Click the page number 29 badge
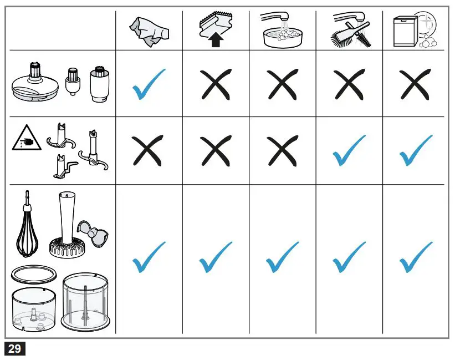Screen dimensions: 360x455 pos(15,348)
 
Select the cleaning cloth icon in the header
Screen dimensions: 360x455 pos(149,32)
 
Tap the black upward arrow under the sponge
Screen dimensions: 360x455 pos(215,40)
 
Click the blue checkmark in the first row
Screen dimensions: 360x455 pos(149,84)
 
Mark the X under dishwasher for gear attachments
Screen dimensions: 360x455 pos(415,84)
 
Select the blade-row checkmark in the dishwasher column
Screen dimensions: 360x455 pos(415,151)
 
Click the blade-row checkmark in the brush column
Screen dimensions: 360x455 pos(349,151)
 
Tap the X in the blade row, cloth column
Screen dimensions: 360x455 pos(149,151)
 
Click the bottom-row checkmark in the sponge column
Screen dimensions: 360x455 pos(215,257)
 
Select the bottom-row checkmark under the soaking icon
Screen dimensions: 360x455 pos(283,257)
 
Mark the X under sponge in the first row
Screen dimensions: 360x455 pos(215,84)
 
